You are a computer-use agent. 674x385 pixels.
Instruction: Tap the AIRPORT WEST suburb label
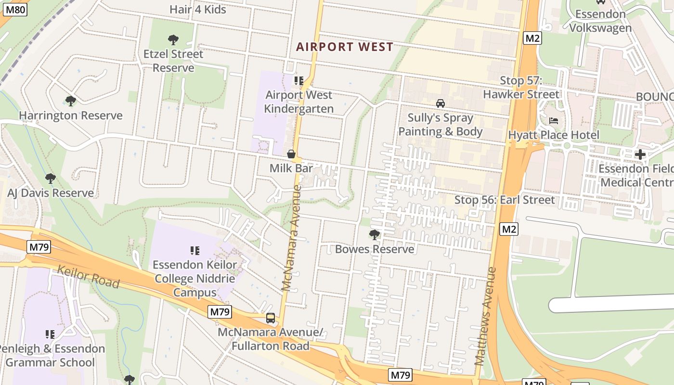coord(344,47)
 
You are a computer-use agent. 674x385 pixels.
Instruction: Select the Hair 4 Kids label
coord(197,9)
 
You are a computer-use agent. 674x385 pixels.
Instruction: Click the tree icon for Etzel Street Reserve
coord(173,39)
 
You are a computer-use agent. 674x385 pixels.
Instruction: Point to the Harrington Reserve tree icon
coord(71,101)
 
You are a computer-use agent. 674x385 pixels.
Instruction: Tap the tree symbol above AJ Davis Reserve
coord(51,179)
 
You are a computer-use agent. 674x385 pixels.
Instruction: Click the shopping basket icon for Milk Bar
coord(291,154)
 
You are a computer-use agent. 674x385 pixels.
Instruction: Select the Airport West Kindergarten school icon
coord(299,80)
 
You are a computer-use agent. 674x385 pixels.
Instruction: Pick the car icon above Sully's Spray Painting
coord(440,103)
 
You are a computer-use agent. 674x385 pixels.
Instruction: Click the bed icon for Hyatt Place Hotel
coord(554,120)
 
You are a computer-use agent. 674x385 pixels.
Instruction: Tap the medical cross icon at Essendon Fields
coord(640,154)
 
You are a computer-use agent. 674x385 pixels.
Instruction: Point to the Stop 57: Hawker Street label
coord(521,88)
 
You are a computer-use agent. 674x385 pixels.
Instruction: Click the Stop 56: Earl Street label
coord(505,199)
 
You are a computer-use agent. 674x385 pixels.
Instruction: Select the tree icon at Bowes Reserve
coord(374,235)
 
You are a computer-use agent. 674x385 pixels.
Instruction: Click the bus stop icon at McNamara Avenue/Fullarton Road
coord(271,318)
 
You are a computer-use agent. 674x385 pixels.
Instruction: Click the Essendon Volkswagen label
coord(600,21)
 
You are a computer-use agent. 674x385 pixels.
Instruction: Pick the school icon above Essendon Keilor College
coord(195,250)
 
